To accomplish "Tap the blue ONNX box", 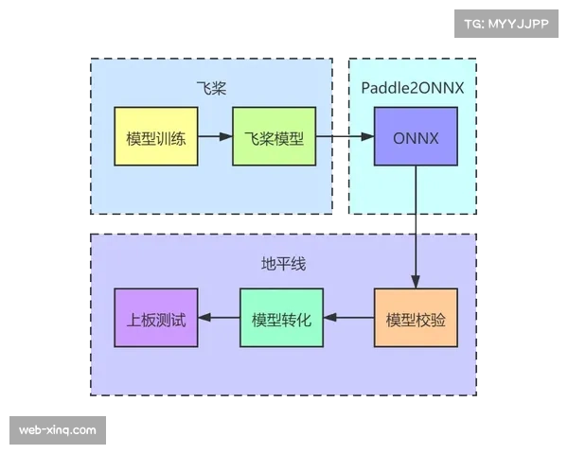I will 416,137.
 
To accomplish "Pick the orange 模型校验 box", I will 416,317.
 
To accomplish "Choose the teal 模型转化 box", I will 281,317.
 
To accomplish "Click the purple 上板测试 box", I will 156,317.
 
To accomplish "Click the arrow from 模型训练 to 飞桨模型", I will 215,137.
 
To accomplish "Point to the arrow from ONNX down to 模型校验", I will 415,227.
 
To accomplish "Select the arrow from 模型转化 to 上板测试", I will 219,317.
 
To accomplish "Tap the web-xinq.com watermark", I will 57,430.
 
